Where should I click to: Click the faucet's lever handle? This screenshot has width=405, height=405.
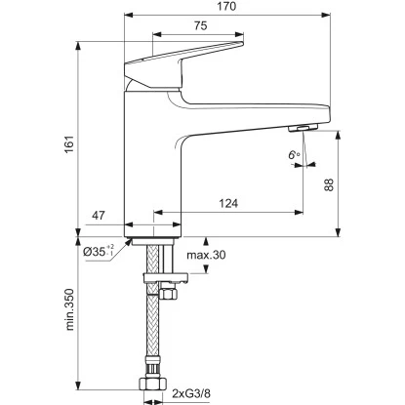pos(185,62)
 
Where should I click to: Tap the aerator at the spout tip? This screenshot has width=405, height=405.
pos(303,129)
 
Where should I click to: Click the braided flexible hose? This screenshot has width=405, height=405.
pos(154,332)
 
